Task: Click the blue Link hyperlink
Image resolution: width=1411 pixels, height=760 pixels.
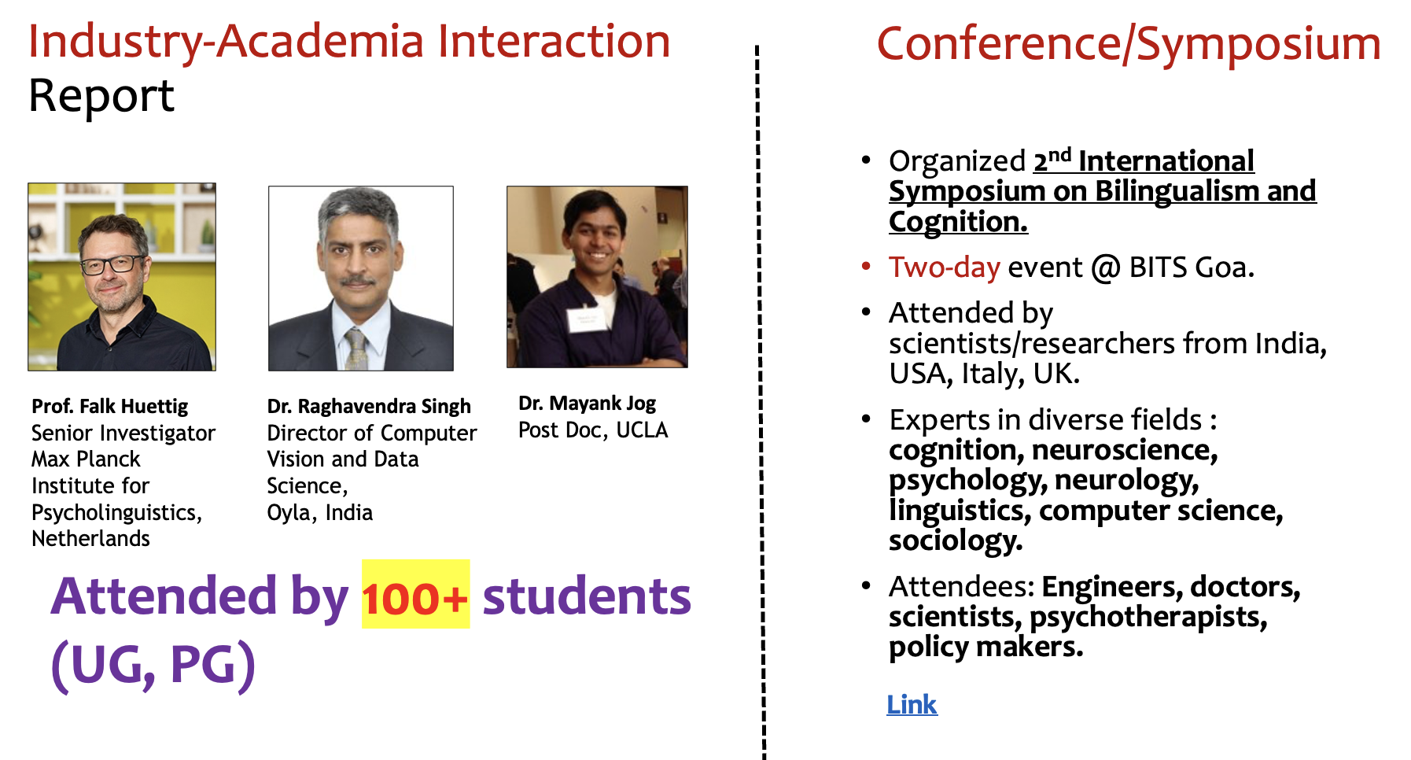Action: tap(912, 704)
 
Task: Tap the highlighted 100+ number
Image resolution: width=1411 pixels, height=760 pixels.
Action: tap(415, 598)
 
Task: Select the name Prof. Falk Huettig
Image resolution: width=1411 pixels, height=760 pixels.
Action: tap(110, 406)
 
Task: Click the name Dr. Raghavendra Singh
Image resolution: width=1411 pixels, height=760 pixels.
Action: tap(369, 406)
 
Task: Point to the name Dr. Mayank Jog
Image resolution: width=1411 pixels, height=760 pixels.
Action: tap(587, 403)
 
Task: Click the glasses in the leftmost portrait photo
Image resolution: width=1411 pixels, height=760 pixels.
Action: tap(113, 264)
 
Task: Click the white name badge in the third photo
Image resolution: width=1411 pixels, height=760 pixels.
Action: tap(586, 319)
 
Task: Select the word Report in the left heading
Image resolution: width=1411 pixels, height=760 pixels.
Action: tap(101, 97)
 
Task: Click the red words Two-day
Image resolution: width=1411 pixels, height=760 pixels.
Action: tap(945, 267)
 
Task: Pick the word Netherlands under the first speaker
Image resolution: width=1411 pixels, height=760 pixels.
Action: tap(90, 538)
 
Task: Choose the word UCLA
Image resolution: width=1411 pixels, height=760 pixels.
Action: tap(642, 430)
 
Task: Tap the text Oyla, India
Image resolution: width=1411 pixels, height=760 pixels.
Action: tap(320, 512)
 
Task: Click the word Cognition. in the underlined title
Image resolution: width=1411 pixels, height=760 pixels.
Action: tap(958, 222)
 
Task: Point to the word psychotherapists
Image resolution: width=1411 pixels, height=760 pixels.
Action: tap(1148, 618)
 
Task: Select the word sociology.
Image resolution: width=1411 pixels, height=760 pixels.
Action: tap(956, 540)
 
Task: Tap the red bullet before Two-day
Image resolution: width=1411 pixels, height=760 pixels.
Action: tap(866, 266)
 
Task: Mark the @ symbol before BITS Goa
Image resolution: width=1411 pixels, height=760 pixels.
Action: tap(1106, 267)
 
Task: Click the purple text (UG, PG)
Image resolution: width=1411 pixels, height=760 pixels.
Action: tap(153, 666)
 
